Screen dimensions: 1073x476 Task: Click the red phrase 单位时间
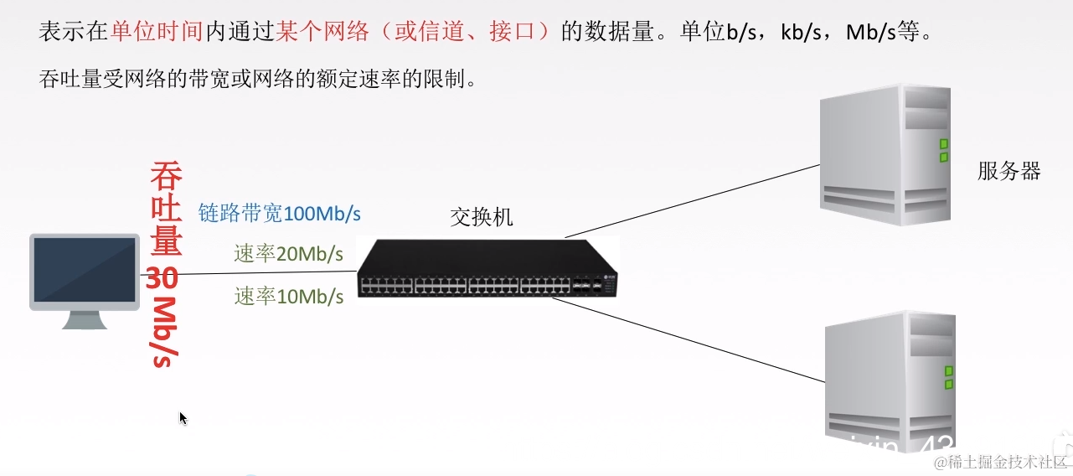(157, 33)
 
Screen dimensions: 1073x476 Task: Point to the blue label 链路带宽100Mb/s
(279, 213)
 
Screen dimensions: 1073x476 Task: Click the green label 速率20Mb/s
(288, 253)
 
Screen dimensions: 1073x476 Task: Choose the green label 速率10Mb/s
(288, 296)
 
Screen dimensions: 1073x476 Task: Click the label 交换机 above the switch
(482, 218)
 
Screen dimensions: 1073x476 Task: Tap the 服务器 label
(1009, 172)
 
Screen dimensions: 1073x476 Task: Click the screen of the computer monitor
(84, 269)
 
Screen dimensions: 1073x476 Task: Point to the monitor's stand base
(84, 323)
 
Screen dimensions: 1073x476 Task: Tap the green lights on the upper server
(944, 150)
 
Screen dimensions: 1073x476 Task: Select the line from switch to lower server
(687, 340)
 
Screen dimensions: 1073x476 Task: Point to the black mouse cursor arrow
(183, 417)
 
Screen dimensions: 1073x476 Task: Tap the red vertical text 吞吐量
(166, 209)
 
